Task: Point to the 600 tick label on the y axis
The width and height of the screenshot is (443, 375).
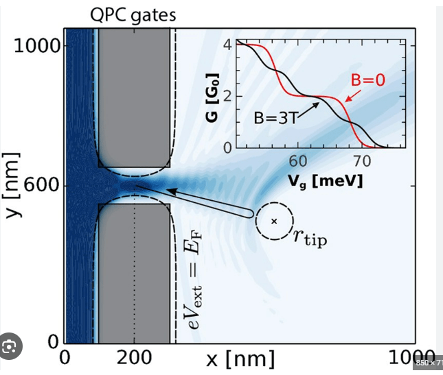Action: click(43, 186)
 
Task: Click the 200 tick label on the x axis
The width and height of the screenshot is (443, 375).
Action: click(135, 358)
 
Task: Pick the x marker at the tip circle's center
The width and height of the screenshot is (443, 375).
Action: click(274, 221)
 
